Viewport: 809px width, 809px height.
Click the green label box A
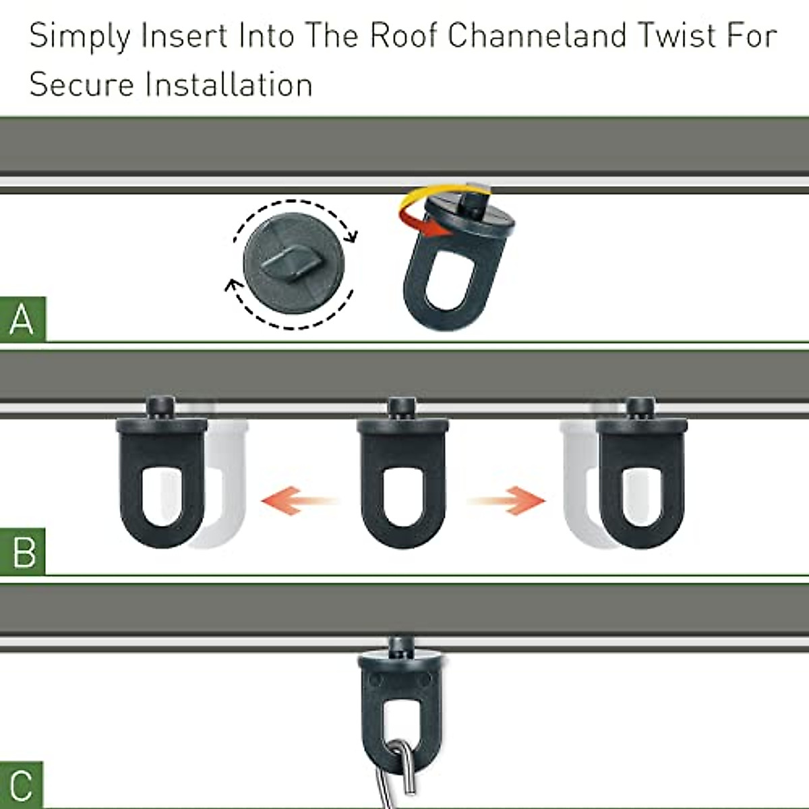22,319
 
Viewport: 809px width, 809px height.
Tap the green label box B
22,552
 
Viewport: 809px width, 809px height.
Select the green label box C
22,785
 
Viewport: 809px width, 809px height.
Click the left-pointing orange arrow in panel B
297,501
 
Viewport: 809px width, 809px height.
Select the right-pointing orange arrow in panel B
507,501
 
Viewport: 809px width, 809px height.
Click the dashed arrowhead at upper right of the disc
350,235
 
